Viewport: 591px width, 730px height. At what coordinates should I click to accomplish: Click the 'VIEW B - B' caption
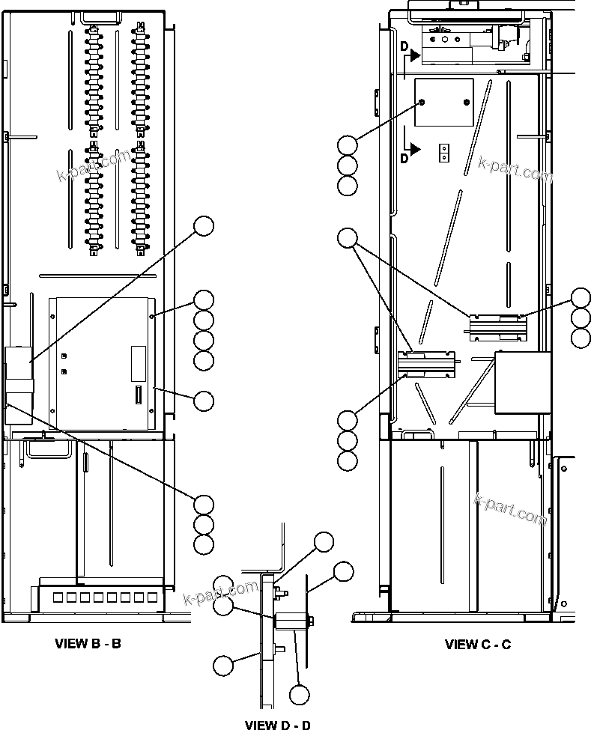point(88,643)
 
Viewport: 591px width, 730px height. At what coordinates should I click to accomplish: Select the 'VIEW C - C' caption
point(478,644)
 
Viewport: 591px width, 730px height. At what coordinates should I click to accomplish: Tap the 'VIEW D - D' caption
point(278,724)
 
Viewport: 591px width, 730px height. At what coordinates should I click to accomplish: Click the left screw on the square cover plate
point(423,102)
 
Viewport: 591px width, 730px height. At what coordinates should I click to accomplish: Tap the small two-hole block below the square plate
point(444,153)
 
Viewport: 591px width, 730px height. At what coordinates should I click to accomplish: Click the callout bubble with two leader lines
point(347,239)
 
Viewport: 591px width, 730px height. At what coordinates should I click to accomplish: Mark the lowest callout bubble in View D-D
point(300,695)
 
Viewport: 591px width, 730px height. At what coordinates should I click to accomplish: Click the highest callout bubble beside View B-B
point(204,225)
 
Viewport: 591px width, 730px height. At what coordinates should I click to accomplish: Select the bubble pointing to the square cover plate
point(347,145)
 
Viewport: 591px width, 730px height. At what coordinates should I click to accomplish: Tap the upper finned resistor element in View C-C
point(498,326)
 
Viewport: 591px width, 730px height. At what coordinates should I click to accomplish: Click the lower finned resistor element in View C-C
point(427,363)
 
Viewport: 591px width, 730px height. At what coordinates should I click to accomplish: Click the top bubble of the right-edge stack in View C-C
point(581,297)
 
